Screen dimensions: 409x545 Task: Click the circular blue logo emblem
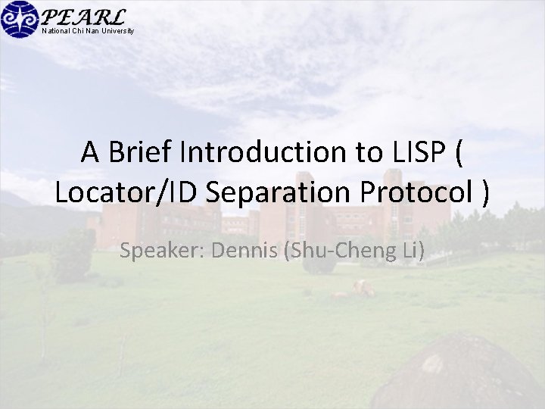(x=19, y=19)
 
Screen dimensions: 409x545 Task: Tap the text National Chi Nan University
(x=88, y=31)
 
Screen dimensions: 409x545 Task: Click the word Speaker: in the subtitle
(x=162, y=251)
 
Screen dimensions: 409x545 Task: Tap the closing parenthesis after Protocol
(x=485, y=193)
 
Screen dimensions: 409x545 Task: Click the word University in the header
(x=120, y=31)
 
